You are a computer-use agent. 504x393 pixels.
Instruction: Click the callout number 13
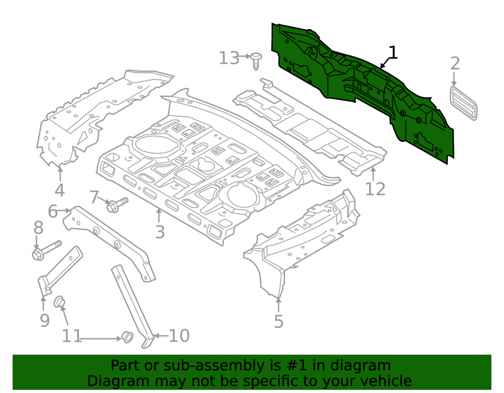(229, 58)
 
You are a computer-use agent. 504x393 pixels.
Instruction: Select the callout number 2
(455, 63)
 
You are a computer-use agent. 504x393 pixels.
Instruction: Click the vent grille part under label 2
(463, 103)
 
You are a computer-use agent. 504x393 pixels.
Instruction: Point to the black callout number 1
(393, 52)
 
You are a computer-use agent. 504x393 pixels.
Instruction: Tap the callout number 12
(375, 189)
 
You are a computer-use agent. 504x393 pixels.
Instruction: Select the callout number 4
(60, 190)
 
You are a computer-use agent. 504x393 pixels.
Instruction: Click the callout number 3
(160, 231)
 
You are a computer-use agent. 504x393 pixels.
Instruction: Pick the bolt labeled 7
(117, 205)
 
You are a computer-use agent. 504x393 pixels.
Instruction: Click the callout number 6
(53, 211)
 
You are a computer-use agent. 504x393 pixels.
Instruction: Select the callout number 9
(45, 320)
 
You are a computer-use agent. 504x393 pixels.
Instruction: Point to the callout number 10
(179, 336)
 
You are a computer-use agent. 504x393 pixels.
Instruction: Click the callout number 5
(278, 322)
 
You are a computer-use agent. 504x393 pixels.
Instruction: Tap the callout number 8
(38, 228)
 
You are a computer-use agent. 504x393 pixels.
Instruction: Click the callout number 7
(94, 197)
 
